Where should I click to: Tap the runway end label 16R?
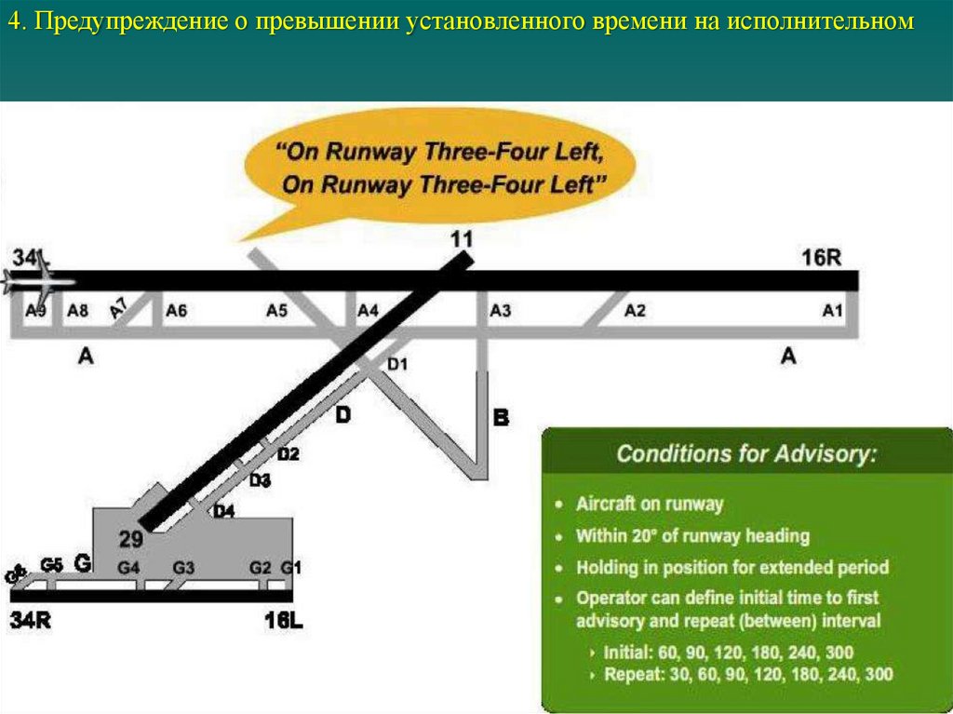821,258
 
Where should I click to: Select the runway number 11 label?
461,239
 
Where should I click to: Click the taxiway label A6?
176,312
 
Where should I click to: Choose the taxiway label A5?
276,312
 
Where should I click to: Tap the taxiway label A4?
369,312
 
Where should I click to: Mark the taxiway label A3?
501,312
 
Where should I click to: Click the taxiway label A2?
635,312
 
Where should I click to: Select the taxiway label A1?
832,312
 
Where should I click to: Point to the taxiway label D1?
397,365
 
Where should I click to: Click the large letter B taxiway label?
501,418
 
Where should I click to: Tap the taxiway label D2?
289,454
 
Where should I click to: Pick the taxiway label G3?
183,568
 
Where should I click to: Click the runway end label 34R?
30,620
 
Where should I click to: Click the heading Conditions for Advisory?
745,454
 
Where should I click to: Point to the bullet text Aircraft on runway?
649,504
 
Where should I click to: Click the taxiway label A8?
77,312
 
